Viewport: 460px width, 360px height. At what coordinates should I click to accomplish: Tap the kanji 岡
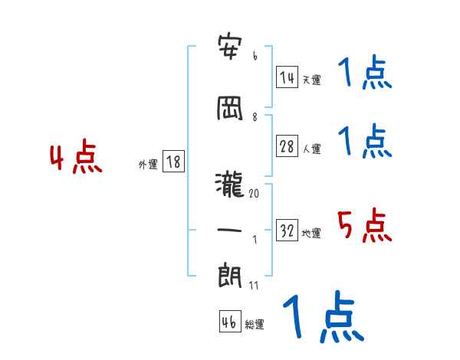[230, 108]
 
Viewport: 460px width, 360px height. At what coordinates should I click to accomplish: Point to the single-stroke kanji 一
[230, 230]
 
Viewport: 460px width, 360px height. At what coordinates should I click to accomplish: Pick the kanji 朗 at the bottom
[230, 273]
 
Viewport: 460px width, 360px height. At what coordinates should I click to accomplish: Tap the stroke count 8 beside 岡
[255, 117]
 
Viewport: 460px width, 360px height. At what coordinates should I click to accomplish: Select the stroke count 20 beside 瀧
[255, 194]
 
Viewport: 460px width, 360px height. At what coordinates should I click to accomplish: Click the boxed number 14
[287, 77]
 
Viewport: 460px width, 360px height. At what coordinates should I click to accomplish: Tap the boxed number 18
[172, 162]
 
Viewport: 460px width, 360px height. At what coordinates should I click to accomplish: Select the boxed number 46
[229, 322]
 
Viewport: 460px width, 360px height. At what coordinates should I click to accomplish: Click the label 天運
[311, 80]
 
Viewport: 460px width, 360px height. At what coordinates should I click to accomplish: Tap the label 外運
[147, 165]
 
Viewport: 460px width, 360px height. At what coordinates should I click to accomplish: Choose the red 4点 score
[75, 159]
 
